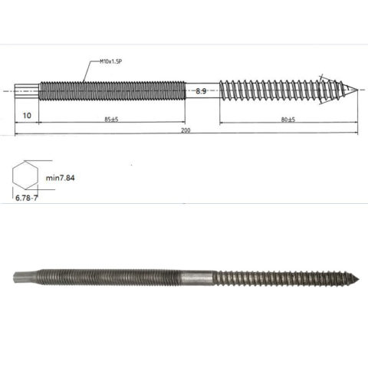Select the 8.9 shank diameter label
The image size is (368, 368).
pyautogui.click(x=202, y=91)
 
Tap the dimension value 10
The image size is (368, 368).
pyautogui.click(x=27, y=115)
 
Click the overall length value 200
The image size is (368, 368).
pyautogui.click(x=187, y=130)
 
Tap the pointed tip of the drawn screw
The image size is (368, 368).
pyautogui.click(x=354, y=90)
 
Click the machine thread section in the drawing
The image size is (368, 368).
pyautogui.click(x=111, y=90)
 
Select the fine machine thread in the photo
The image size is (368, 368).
pyautogui.click(x=107, y=277)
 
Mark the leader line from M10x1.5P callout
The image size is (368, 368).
pyautogui.click(x=90, y=69)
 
